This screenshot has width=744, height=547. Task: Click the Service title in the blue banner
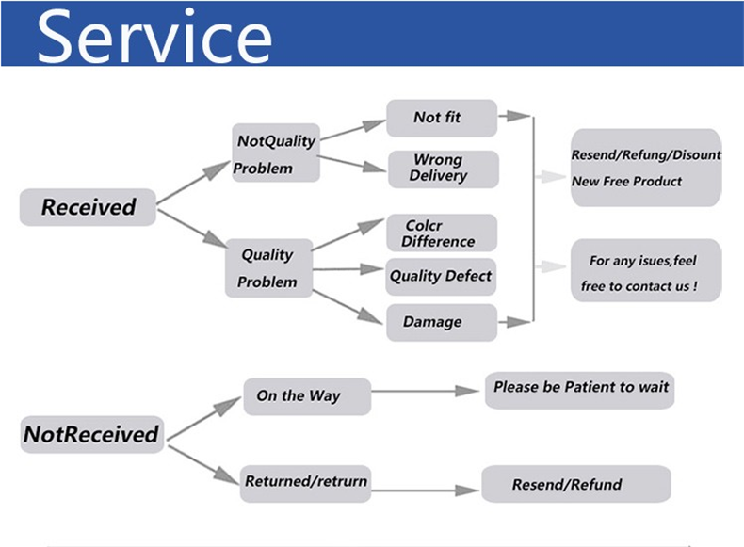(154, 36)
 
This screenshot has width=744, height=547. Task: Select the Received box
(89, 207)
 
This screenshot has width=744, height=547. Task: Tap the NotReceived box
(90, 435)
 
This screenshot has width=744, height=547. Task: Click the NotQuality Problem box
(275, 153)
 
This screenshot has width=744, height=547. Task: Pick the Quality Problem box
(267, 268)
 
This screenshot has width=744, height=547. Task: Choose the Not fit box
(441, 118)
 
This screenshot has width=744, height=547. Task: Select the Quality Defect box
(441, 277)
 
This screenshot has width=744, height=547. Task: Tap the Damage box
(441, 322)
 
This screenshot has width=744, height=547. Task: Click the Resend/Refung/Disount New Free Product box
(646, 168)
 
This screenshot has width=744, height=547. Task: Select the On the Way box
(307, 396)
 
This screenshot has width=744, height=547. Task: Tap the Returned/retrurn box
(306, 482)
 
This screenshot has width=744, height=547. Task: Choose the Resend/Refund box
(576, 485)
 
